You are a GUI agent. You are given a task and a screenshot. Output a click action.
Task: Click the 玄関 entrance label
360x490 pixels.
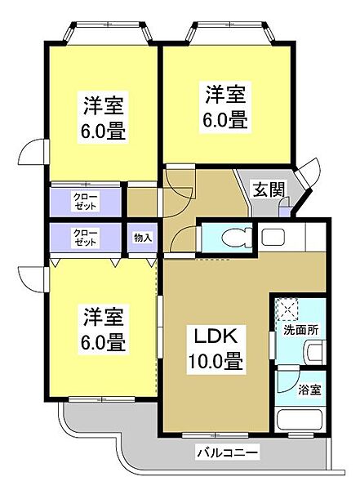coord(269,189)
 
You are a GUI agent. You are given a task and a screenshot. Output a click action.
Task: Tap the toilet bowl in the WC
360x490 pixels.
coord(237,238)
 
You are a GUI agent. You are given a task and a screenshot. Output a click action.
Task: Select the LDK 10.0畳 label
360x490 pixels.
coord(215,350)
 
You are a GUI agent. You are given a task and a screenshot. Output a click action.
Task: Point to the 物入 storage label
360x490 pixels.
coord(143,238)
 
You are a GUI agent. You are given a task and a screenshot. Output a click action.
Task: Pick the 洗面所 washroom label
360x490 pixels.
coord(300,330)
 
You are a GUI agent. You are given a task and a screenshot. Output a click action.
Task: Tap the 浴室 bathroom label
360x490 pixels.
coord(309,390)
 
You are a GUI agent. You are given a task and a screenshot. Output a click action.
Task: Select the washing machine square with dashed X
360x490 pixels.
coord(287,310)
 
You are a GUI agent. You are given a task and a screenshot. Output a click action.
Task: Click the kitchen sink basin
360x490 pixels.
coord(273,238)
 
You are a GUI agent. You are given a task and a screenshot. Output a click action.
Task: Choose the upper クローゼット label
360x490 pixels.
coord(85,201)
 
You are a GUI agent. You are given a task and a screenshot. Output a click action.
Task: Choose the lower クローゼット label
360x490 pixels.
coord(85,238)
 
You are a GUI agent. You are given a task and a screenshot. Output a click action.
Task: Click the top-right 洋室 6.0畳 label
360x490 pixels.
coord(225,107)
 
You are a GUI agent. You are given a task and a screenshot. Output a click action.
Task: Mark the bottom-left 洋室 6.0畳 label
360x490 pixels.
coord(103,329)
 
